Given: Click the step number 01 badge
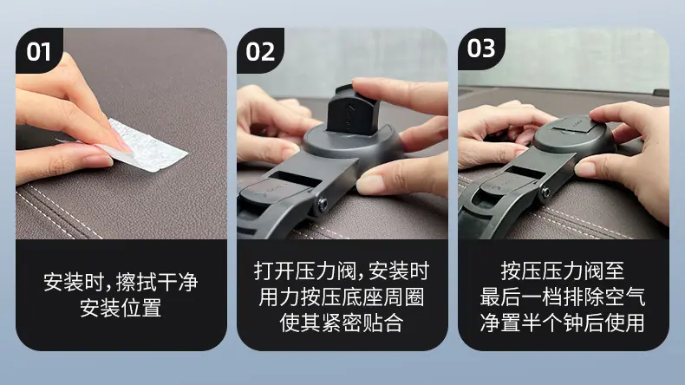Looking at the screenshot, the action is coord(38,50).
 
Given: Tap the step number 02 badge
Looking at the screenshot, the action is coord(260,50).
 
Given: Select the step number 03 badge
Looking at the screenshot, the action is coord(481,48).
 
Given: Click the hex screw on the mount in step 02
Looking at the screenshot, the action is coord(323,203).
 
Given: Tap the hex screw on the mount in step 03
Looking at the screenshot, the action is coord(545,192).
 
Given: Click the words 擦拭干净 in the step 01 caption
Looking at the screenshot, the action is coord(157,282).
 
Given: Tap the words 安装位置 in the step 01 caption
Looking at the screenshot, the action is coord(121,308).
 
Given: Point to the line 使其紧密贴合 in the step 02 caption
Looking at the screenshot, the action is coord(341,323).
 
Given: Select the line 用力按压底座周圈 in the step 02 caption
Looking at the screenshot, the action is coord(341,297).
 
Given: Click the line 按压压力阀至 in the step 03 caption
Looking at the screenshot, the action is coord(563,271).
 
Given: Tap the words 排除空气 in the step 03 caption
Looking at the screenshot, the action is coord(604,297).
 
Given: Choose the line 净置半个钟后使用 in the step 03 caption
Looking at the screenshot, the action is coord(562,323).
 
